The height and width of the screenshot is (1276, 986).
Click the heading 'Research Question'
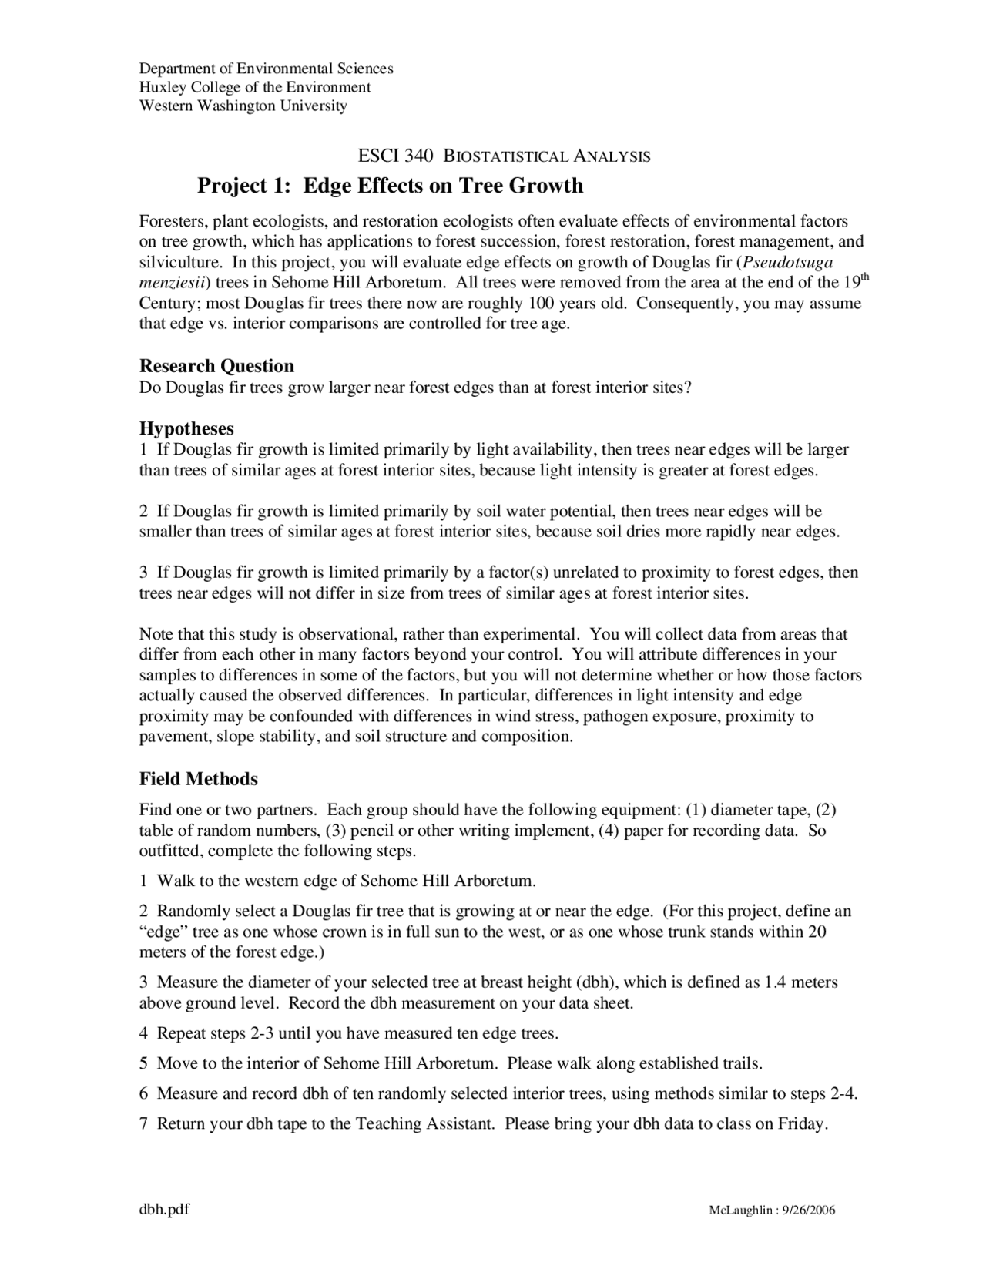pyautogui.click(x=216, y=366)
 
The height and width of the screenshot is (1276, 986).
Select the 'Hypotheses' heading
pyautogui.click(x=186, y=428)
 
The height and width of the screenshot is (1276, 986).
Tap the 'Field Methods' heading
pyautogui.click(x=198, y=779)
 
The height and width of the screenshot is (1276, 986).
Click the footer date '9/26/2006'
pyautogui.click(x=808, y=1210)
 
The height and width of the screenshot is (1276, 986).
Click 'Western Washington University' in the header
pyautogui.click(x=243, y=106)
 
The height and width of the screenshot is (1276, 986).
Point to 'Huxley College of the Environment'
pyautogui.click(x=255, y=87)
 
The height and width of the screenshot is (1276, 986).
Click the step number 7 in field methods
pyautogui.click(x=143, y=1123)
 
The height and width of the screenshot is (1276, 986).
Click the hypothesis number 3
pyautogui.click(x=143, y=573)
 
